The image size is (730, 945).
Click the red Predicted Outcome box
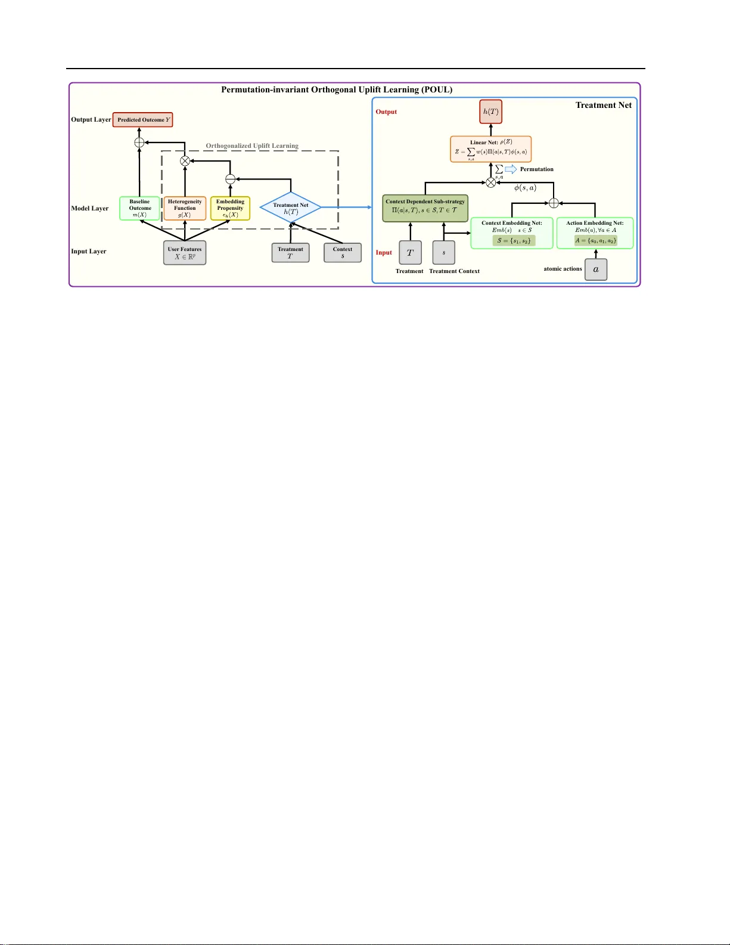[142, 120]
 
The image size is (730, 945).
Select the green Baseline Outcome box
[139, 208]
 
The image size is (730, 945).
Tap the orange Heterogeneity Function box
[185, 208]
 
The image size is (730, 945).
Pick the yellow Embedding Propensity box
[230, 208]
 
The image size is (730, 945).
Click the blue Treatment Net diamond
[291, 208]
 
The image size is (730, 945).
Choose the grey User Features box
[185, 253]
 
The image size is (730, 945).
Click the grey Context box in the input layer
[343, 253]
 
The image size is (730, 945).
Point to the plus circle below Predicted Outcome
[139, 142]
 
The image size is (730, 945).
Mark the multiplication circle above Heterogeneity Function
[185, 160]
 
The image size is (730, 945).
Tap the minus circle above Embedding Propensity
[230, 178]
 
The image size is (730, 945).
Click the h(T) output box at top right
[491, 112]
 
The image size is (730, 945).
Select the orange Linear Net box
[491, 148]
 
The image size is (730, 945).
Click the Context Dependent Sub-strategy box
[425, 207]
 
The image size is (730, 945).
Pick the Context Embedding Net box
[512, 233]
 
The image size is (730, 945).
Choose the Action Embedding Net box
[595, 233]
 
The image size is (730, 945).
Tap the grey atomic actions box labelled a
[596, 269]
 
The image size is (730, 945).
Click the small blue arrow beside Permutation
[511, 169]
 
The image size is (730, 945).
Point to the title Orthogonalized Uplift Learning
[252, 145]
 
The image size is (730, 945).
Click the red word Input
[384, 253]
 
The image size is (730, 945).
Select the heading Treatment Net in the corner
[603, 106]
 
